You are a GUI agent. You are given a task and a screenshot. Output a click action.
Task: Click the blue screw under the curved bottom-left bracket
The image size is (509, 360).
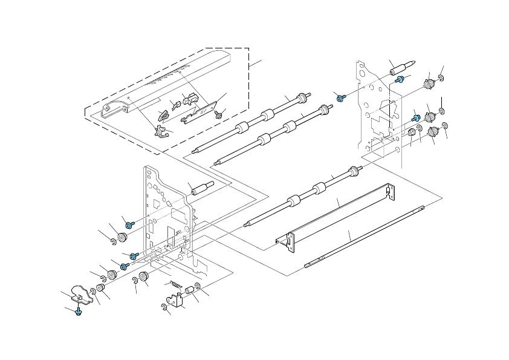[79, 312]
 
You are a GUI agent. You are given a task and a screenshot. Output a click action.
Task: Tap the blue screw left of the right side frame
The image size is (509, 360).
[340, 97]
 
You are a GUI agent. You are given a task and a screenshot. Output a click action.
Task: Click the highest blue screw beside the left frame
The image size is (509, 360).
[128, 223]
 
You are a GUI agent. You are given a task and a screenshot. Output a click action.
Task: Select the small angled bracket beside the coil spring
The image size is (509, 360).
[175, 300]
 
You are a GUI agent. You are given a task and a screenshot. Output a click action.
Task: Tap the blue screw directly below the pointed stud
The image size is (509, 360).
[400, 79]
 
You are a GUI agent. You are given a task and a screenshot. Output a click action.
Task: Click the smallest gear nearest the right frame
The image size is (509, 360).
[412, 133]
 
